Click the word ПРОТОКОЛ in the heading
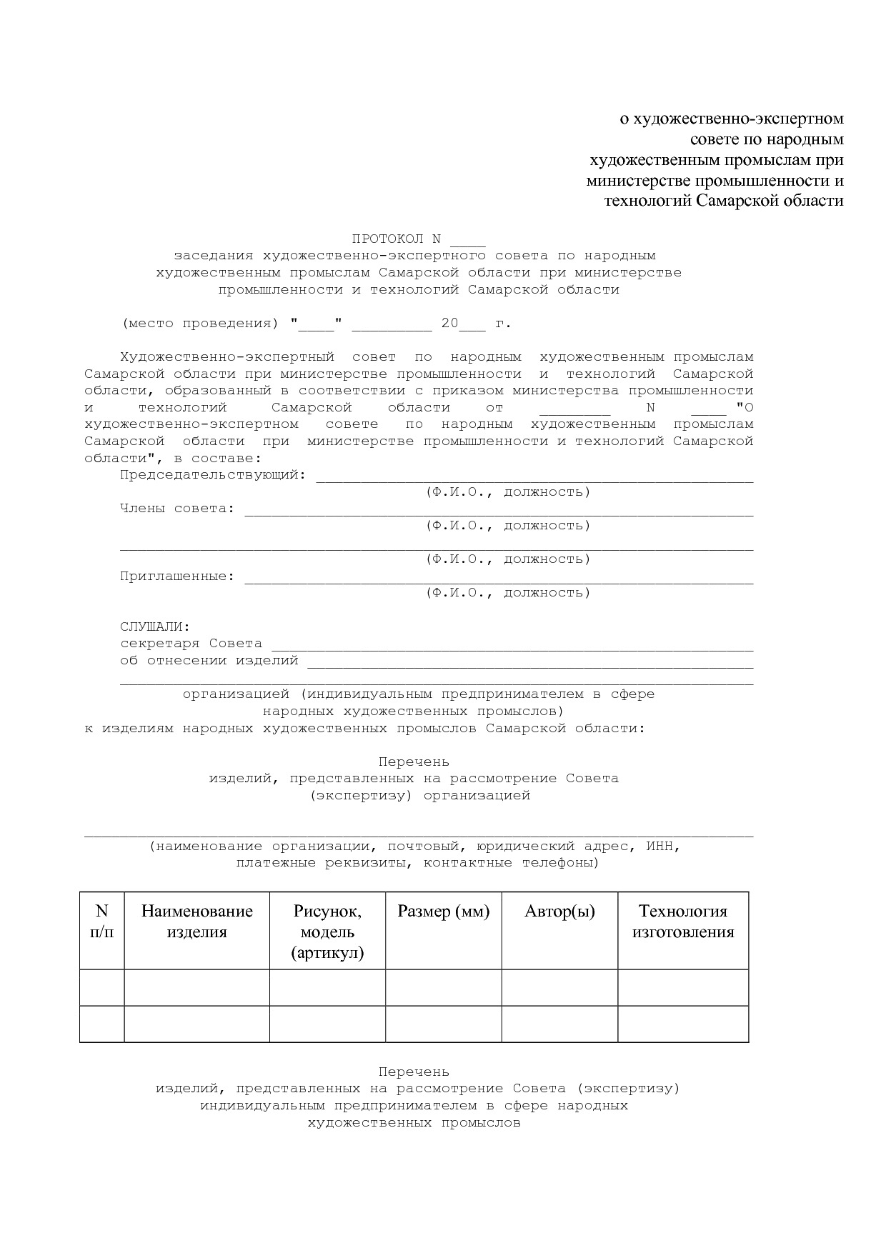tap(387, 239)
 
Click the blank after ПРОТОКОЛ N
tap(468, 239)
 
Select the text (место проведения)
tap(200, 323)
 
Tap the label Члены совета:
tap(177, 508)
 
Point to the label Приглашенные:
tap(177, 576)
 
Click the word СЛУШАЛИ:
tap(155, 626)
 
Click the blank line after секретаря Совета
tap(512, 645)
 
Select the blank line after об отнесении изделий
tap(529, 662)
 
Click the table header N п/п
tap(102, 922)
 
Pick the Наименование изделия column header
tap(196, 922)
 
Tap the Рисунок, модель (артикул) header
tap(327, 932)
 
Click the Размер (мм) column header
tap(444, 912)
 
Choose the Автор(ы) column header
tap(559, 912)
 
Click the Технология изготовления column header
tap(683, 922)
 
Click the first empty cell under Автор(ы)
tap(559, 987)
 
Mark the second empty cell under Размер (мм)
tap(444, 1024)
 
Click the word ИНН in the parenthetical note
tap(659, 846)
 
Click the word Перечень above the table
tap(414, 762)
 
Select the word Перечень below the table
tap(414, 1072)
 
